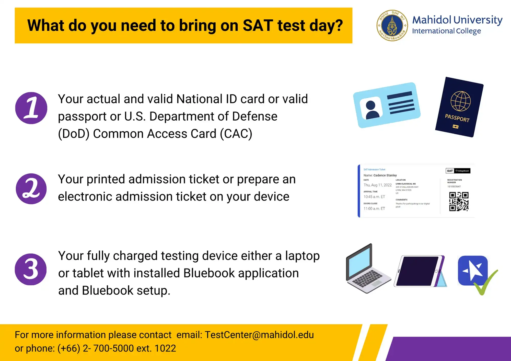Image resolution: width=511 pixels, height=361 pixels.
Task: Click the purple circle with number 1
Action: pyautogui.click(x=31, y=108)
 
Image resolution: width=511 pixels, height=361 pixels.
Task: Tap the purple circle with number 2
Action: pyautogui.click(x=31, y=189)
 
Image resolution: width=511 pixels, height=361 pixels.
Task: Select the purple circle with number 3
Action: pyautogui.click(x=31, y=269)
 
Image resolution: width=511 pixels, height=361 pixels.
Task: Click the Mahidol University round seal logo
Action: pyautogui.click(x=392, y=26)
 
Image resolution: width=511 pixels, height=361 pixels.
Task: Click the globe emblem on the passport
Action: pyautogui.click(x=460, y=101)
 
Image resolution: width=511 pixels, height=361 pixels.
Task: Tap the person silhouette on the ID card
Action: pyautogui.click(x=371, y=110)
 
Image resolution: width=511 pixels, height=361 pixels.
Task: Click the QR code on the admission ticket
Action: pyautogui.click(x=459, y=202)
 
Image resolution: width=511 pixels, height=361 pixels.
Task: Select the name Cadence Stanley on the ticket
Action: pyautogui.click(x=385, y=175)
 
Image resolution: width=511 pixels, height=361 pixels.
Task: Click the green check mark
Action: pyautogui.click(x=485, y=284)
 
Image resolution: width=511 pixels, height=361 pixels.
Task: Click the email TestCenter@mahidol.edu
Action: pyautogui.click(x=259, y=335)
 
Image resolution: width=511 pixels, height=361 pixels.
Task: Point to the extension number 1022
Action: pyautogui.click(x=165, y=348)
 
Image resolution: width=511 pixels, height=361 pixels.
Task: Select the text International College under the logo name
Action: pyautogui.click(x=446, y=31)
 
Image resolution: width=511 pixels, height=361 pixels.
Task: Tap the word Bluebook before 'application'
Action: pyautogui.click(x=209, y=273)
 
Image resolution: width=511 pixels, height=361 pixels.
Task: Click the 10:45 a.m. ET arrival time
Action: pyautogui.click(x=374, y=197)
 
